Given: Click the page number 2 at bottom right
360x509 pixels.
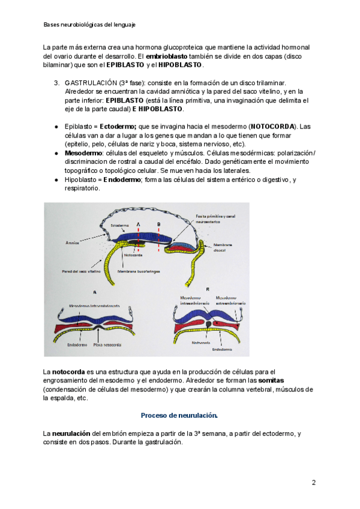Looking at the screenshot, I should pyautogui.click(x=313, y=483).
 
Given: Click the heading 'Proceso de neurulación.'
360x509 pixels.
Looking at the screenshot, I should pyautogui.click(x=179, y=415).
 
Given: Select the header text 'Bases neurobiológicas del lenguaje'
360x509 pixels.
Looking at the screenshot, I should pyautogui.click(x=89, y=25).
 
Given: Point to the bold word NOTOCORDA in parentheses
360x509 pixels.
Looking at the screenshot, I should pyautogui.click(x=272, y=127).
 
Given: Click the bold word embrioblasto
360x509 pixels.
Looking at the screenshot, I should pyautogui.click(x=166, y=56).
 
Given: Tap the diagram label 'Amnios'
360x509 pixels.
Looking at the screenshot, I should pyautogui.click(x=73, y=243).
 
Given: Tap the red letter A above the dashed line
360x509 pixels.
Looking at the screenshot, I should pyautogui.click(x=139, y=223).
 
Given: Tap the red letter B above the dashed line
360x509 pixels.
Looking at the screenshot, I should pyautogui.click(x=159, y=223).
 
